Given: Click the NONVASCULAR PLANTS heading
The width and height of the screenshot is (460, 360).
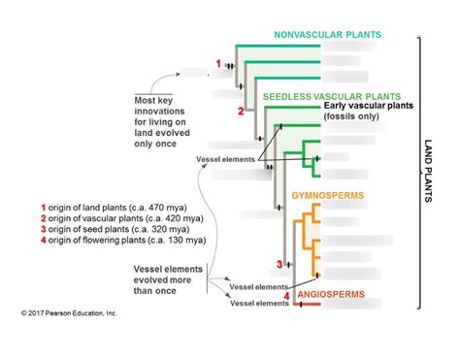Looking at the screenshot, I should click(327, 35).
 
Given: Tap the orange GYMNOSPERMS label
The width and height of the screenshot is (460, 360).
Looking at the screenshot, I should click(328, 196).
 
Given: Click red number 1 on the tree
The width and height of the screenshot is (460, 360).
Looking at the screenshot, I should click(218, 63).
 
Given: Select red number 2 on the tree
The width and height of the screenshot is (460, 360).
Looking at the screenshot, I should click(239, 112).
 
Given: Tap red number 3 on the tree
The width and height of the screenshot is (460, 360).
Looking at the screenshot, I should click(279, 263).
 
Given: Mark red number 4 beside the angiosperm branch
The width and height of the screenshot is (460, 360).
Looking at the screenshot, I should click(286, 295).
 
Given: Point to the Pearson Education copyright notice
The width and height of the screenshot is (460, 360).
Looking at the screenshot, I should click(68, 313).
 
